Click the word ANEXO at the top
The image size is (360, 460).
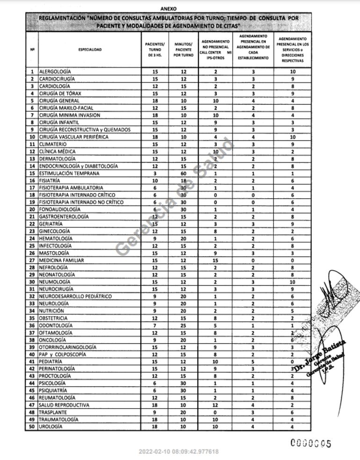168,8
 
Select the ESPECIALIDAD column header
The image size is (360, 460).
90,49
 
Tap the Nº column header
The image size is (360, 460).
32,49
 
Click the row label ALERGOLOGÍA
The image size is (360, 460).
55,72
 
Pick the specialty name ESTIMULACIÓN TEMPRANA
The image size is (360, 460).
69,173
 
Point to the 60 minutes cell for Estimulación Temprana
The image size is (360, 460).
183,173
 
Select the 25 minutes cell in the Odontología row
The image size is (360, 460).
183,325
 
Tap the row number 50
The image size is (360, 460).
32,427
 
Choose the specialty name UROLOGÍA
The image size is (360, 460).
50,427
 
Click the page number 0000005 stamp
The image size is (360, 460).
311,443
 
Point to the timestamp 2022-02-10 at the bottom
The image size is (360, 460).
178,452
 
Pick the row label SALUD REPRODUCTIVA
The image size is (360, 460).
64,405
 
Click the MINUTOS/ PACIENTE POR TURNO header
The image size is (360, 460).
183,49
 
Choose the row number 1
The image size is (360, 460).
32,72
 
